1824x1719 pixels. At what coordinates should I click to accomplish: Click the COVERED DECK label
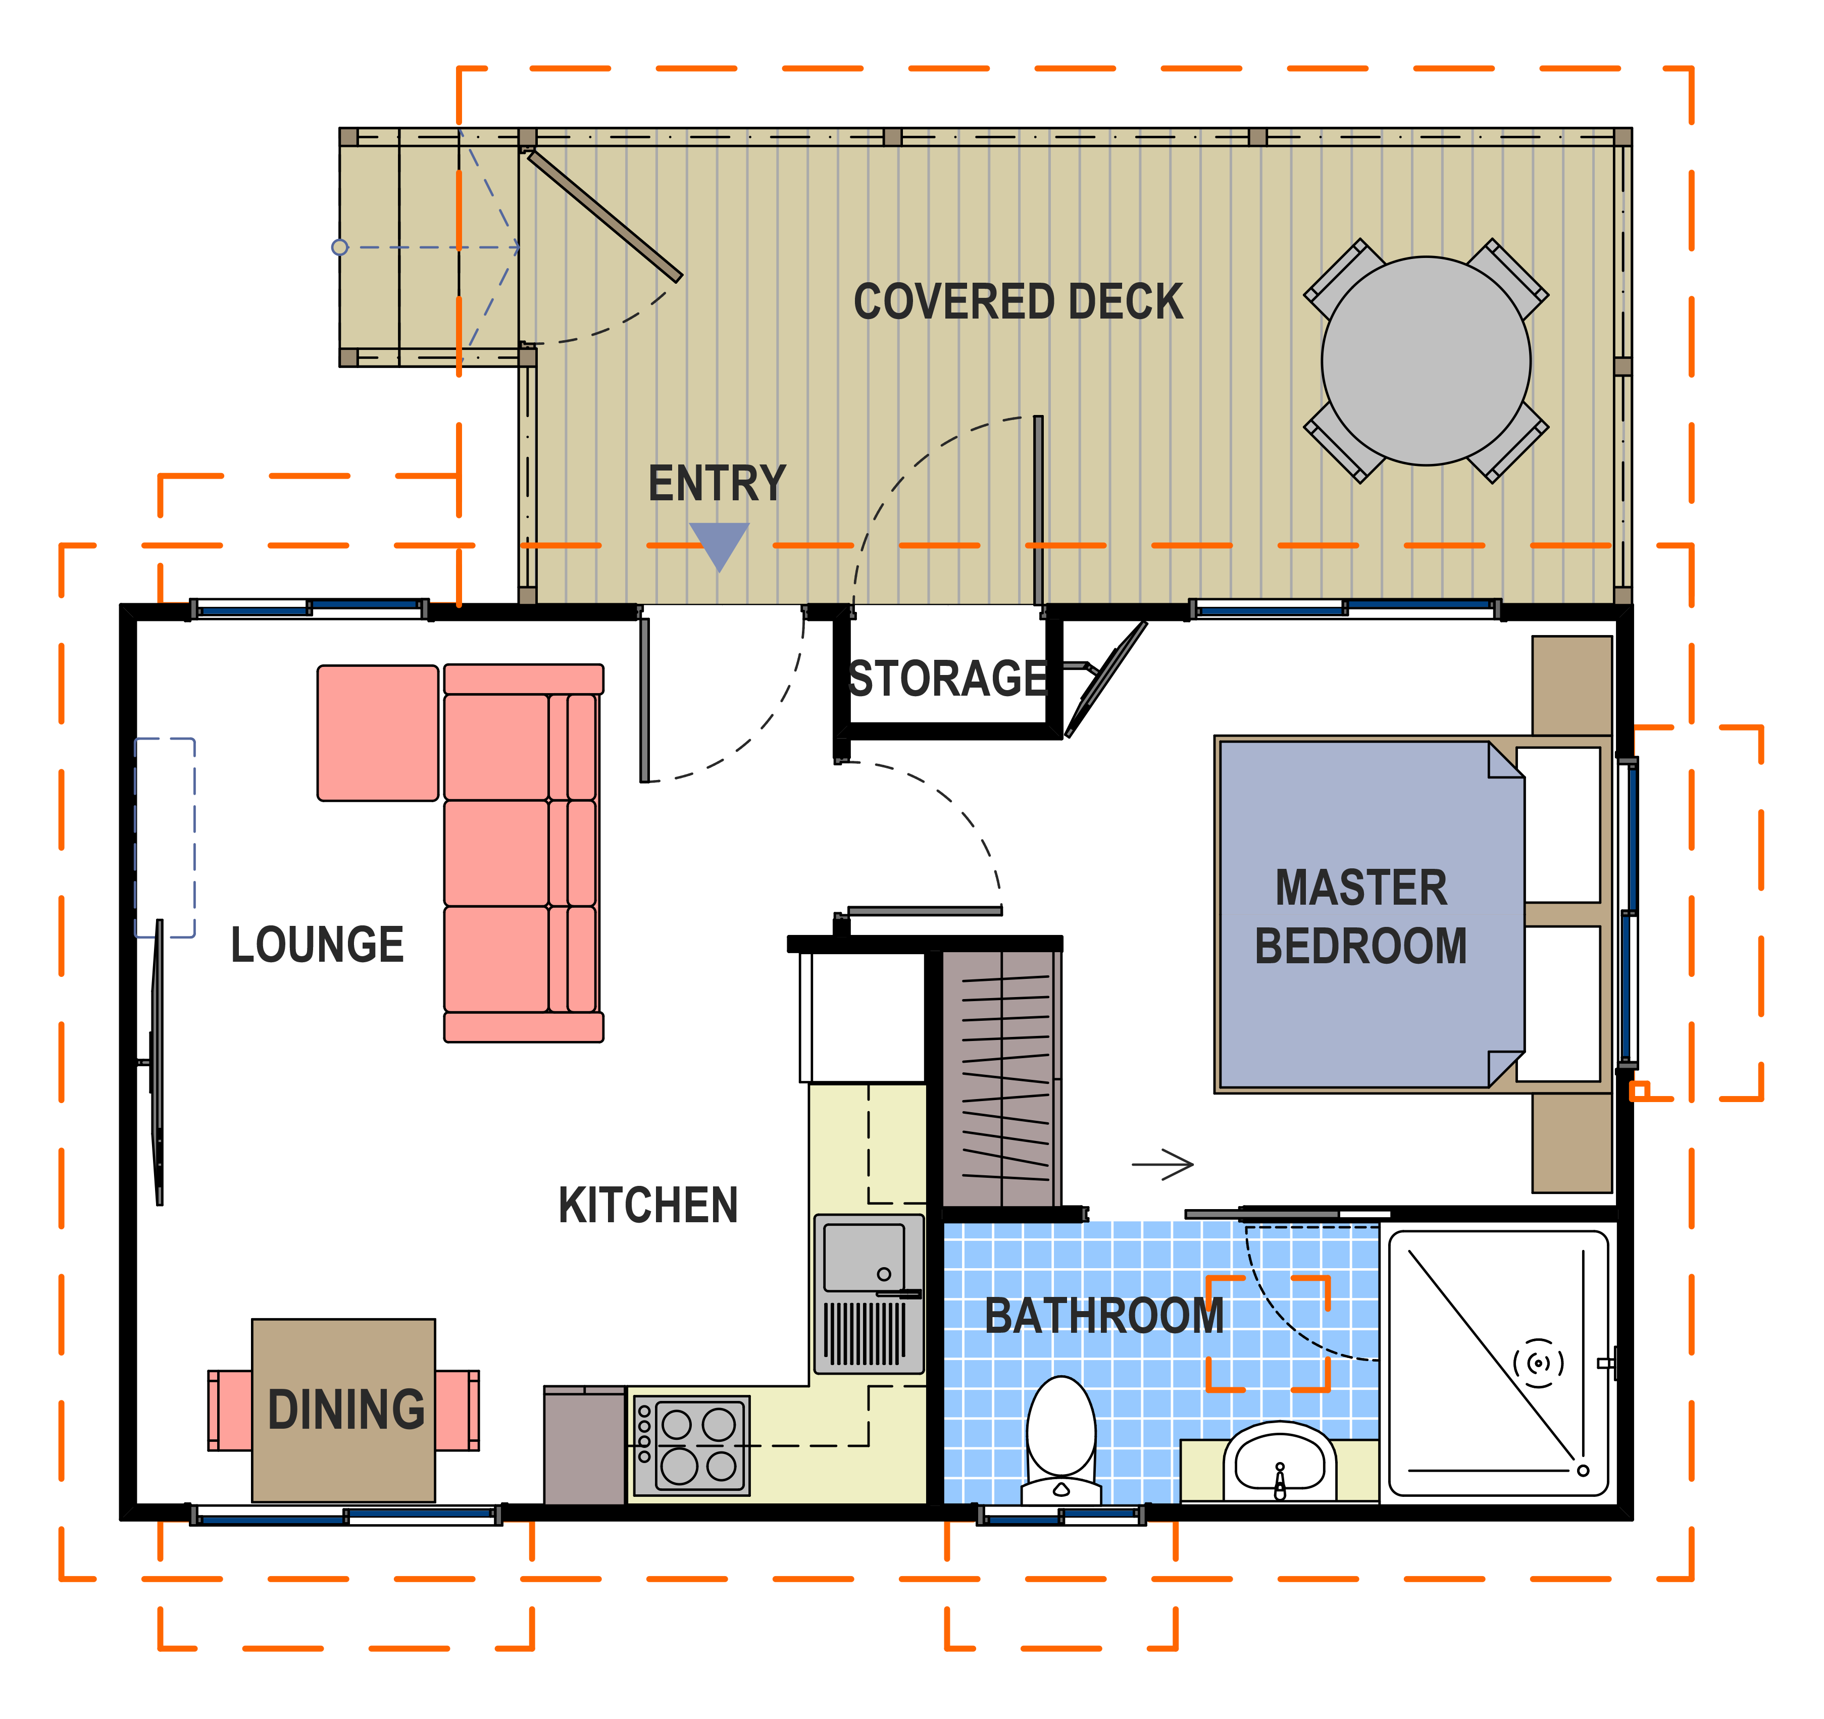click(1019, 302)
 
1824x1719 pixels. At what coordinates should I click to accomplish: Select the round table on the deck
click(1426, 360)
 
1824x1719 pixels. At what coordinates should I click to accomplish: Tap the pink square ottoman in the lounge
click(378, 733)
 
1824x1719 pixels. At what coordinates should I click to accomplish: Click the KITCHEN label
click(649, 1205)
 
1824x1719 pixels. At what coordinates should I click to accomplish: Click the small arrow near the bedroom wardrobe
click(1162, 1165)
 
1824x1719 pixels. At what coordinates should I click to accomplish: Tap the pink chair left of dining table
click(230, 1411)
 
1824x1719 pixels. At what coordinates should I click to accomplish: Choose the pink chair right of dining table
click(457, 1411)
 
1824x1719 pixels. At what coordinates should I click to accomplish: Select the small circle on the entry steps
click(339, 247)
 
